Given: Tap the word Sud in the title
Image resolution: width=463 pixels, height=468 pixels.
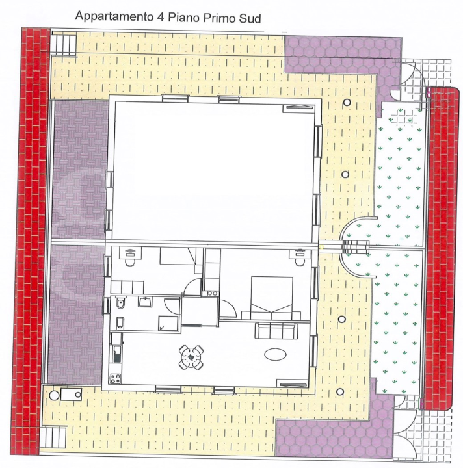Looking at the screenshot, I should [250, 18].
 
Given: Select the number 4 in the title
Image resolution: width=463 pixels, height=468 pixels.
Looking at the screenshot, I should [159, 18].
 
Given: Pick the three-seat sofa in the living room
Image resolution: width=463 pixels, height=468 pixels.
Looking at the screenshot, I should [278, 331].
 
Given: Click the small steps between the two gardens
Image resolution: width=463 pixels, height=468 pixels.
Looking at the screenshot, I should [354, 248].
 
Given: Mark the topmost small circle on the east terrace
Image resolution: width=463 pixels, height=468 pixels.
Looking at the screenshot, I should [347, 103].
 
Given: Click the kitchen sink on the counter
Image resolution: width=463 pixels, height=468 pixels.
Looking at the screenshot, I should [117, 355].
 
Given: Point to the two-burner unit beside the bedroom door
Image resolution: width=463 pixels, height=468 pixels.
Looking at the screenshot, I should [212, 294].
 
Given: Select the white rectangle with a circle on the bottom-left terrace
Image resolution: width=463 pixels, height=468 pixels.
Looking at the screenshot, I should [69, 394].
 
